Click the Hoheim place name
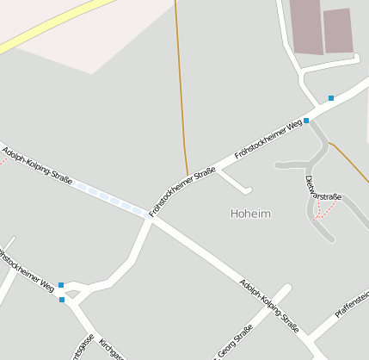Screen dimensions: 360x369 click(x=251, y=213)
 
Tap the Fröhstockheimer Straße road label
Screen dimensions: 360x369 click(x=181, y=191)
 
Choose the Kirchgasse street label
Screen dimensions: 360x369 click(x=110, y=349)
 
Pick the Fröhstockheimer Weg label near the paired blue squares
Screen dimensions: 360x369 click(x=27, y=270)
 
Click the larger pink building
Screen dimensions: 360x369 click(x=304, y=26)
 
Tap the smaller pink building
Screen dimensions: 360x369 click(x=338, y=30)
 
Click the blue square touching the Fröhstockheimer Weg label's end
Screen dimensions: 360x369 click(x=306, y=121)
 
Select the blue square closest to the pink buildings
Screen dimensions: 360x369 click(x=331, y=98)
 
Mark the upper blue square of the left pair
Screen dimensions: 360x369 click(x=61, y=284)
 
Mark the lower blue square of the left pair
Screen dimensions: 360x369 click(x=62, y=300)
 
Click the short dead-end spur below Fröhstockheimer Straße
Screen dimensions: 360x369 click(x=236, y=182)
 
